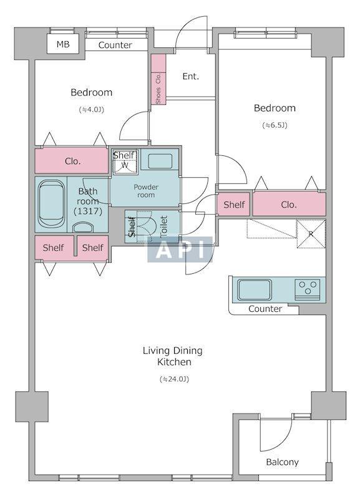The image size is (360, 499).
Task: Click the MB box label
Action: point(63,44)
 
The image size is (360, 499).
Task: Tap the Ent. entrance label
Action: point(191,76)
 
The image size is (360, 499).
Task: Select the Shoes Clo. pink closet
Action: point(158,79)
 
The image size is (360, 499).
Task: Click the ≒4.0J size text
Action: point(91,110)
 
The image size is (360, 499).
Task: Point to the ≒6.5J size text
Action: point(275,125)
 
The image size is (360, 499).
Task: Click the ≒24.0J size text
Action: point(175,379)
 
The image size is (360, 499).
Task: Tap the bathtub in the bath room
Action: point(51,204)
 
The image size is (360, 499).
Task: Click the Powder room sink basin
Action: point(160,161)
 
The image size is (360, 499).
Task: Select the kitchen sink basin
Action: point(255,289)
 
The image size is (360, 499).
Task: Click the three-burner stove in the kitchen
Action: point(307,289)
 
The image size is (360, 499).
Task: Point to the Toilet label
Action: point(164,226)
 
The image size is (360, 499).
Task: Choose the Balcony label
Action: point(283,462)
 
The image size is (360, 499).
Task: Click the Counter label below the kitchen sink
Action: point(265,309)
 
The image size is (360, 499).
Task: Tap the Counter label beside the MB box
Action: point(115,45)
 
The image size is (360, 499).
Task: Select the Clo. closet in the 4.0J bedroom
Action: point(72,160)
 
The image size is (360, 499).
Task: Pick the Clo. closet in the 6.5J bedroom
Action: point(289,204)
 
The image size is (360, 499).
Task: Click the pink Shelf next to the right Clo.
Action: point(233,205)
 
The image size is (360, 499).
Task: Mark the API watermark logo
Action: point(180,250)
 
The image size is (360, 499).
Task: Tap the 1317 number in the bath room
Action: point(87,211)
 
